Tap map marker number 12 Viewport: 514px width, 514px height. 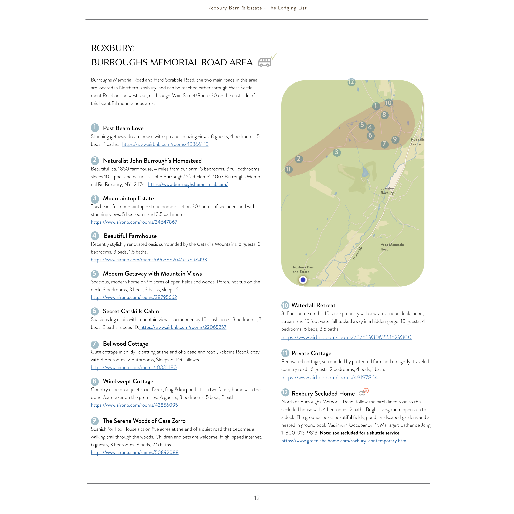351,82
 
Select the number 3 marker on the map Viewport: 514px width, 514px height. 337,152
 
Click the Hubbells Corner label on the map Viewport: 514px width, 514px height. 417,142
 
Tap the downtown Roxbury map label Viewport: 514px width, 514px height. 388,190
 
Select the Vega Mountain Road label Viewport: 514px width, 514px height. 392,247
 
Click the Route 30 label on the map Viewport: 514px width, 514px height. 357,253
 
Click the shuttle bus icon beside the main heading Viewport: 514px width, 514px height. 264,62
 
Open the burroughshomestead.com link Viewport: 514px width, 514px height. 188,184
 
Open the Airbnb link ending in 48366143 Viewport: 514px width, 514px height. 165,144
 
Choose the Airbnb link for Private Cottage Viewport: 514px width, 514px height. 329,378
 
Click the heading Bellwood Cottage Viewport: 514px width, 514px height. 125,344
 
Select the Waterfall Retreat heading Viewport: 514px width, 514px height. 313,305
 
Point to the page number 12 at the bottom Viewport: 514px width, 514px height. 257,498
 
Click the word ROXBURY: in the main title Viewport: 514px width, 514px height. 113,48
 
